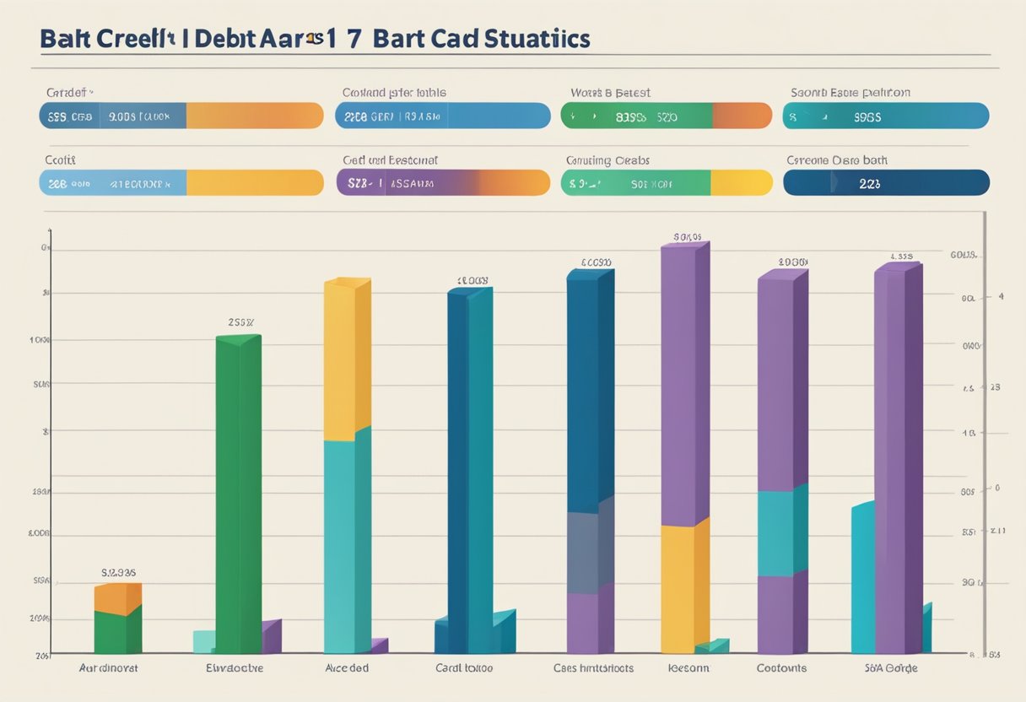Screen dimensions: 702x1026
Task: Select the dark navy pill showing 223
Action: point(886,183)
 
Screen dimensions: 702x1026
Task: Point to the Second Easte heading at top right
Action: point(850,93)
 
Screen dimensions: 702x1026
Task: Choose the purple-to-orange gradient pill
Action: point(443,183)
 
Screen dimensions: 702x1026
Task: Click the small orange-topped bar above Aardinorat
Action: point(117,599)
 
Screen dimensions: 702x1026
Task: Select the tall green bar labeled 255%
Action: point(238,494)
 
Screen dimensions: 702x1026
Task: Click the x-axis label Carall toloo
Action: point(463,667)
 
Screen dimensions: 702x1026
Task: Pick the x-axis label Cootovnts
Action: point(780,667)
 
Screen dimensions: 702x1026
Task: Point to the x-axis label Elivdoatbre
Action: point(235,667)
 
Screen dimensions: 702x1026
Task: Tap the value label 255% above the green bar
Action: point(240,321)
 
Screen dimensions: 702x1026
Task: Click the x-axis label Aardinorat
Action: point(108,667)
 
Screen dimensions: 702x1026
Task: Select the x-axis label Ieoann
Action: point(688,667)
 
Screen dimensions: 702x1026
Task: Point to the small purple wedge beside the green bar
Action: point(271,636)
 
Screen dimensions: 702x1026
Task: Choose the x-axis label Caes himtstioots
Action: point(593,667)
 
